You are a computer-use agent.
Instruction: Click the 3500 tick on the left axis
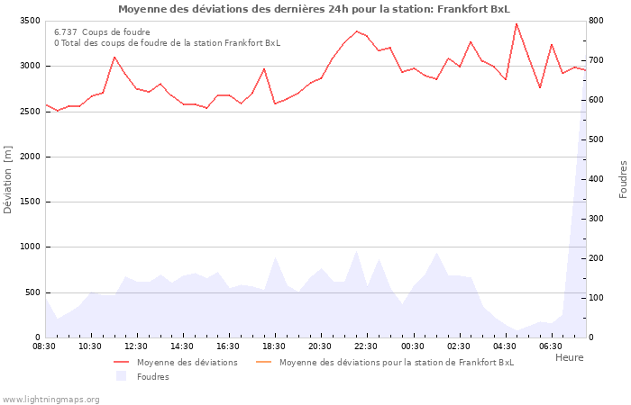(27, 21)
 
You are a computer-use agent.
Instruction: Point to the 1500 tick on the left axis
(27, 202)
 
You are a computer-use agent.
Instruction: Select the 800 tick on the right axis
(598, 21)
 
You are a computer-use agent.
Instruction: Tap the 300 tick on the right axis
(598, 219)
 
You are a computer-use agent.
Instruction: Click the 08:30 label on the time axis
(44, 346)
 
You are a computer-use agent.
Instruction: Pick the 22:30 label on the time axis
(366, 346)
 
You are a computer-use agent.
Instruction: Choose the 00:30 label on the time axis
(412, 346)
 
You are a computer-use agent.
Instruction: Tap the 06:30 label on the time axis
(550, 346)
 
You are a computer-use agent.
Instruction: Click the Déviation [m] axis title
(8, 179)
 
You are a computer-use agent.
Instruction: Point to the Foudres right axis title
(623, 179)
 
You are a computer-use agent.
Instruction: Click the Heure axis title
(569, 357)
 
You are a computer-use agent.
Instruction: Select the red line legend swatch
(122, 363)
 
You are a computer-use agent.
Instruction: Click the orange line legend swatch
(264, 363)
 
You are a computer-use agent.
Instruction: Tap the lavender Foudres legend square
(122, 376)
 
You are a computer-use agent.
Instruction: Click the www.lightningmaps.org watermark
(50, 399)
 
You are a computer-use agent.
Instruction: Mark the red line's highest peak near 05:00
(517, 24)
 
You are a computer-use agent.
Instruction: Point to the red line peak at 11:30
(114, 57)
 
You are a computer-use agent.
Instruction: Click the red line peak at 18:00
(264, 68)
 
